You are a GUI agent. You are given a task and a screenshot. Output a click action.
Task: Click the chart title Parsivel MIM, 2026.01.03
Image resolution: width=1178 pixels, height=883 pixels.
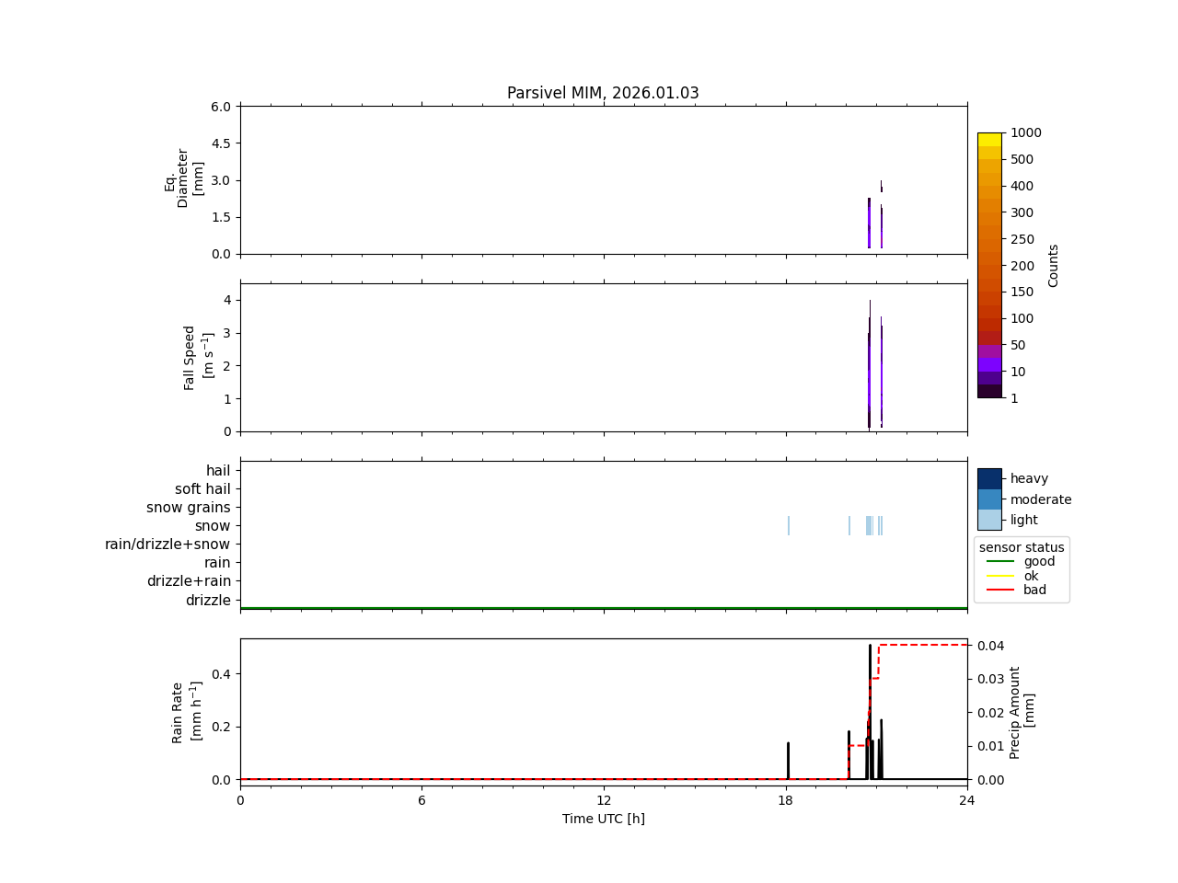[603, 93]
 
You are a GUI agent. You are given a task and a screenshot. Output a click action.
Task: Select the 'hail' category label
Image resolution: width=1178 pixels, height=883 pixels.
[218, 471]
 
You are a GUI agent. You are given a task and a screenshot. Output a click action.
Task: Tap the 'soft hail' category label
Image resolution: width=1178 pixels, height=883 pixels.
[202, 489]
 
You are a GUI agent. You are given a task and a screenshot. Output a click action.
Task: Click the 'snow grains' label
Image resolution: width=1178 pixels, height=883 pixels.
[188, 508]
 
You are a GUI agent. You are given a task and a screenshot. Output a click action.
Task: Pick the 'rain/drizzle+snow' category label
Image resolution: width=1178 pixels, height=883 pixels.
[167, 545]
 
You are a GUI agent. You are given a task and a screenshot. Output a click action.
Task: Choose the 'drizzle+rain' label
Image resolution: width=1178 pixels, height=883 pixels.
[189, 581]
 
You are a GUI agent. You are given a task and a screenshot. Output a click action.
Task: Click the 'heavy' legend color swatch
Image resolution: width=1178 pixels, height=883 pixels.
[989, 478]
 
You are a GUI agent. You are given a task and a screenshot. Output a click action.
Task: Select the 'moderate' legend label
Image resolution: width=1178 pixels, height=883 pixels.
[1041, 499]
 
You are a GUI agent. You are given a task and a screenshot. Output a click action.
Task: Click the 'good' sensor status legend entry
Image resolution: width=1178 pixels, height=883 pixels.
[1039, 562]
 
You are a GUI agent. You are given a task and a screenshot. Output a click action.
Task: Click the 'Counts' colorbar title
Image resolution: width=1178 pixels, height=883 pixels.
[1054, 265]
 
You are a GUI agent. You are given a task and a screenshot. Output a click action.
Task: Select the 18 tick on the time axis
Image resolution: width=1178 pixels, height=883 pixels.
[786, 800]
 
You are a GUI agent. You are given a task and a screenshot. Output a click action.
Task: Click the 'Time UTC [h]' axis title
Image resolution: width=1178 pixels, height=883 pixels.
[604, 819]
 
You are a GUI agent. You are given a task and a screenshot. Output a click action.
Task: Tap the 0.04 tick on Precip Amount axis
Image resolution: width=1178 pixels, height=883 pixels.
[989, 646]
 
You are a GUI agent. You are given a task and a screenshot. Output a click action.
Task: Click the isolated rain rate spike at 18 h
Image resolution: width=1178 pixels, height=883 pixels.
[788, 760]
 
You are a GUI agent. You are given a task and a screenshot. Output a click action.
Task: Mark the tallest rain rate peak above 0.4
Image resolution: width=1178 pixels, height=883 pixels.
[870, 647]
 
